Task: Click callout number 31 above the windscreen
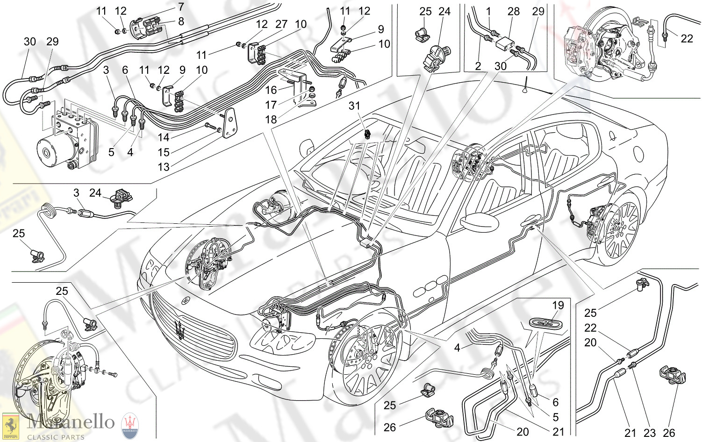(354, 106)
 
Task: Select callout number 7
(181, 7)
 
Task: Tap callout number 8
(181, 21)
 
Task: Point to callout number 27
(281, 24)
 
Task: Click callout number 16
(271, 90)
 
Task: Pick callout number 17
(271, 105)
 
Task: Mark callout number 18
(271, 120)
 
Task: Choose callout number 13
(164, 167)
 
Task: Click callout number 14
(164, 137)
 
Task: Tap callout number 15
(164, 152)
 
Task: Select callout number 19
(558, 306)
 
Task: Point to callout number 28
(514, 11)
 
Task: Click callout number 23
(650, 433)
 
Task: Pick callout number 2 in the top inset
(478, 66)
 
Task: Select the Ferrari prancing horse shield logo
(10, 426)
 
